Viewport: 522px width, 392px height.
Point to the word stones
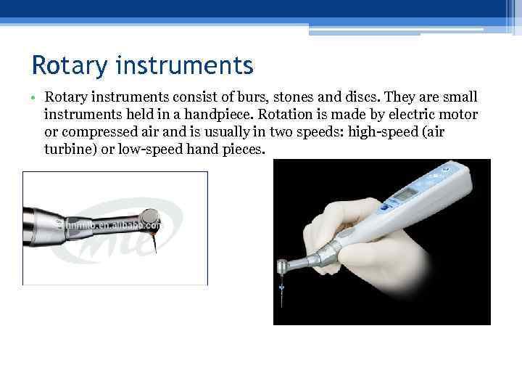pyautogui.click(x=283, y=97)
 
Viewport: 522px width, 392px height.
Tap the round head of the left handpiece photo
pyautogui.click(x=149, y=216)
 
